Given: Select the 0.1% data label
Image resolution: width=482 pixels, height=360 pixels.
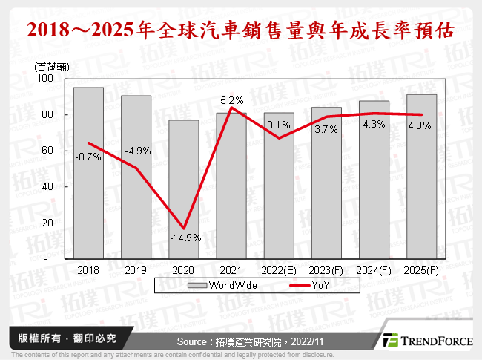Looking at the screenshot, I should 279,124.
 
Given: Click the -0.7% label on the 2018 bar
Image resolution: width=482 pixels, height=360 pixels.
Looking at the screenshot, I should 88,156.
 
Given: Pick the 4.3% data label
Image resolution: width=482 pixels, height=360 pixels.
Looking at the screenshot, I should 374,125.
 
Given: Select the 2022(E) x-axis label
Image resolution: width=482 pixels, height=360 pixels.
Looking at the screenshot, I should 279,271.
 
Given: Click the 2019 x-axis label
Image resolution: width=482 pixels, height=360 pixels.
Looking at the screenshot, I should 136,271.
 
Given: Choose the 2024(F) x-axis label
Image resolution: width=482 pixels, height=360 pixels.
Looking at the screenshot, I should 374,271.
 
